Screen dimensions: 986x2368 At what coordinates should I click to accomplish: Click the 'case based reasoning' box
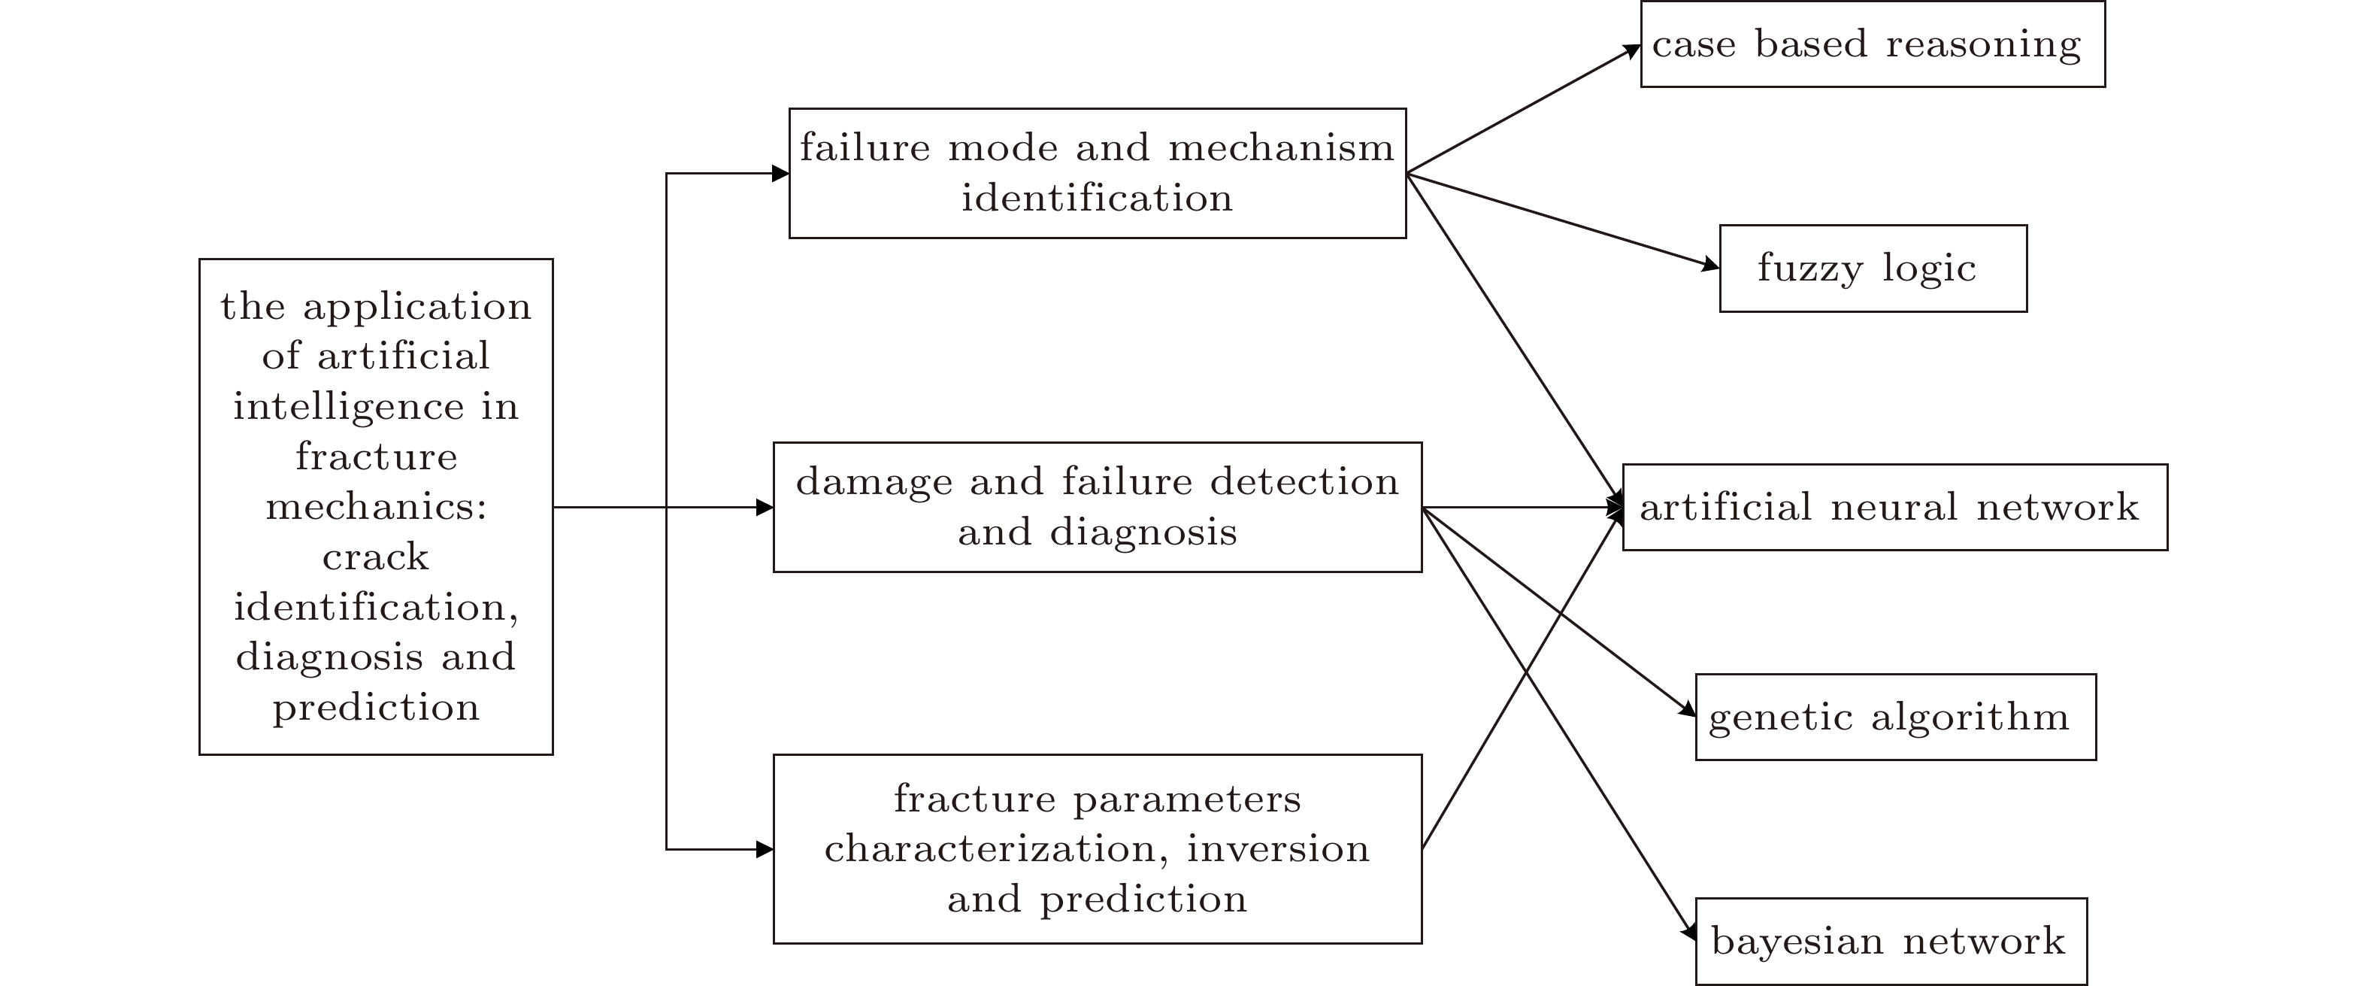click(1872, 44)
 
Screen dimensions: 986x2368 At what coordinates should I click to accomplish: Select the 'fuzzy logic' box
click(1873, 268)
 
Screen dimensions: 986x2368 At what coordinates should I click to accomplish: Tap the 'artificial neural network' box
click(1894, 508)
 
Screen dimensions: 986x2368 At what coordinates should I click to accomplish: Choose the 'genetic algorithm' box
click(1895, 718)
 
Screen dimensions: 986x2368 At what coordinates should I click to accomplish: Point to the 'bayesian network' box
click(1890, 941)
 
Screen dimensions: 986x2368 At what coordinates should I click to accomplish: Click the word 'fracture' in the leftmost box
click(376, 457)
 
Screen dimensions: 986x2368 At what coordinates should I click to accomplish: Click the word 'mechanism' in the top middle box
click(1282, 148)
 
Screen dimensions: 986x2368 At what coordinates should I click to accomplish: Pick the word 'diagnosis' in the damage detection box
click(1143, 532)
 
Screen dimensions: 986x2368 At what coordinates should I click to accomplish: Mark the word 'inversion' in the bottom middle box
click(1278, 849)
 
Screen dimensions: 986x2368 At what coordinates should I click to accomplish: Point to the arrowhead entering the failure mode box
click(780, 173)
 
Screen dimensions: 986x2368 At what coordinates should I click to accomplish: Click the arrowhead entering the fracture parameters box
click(765, 850)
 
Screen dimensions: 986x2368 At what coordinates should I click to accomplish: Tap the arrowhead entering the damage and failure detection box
click(765, 508)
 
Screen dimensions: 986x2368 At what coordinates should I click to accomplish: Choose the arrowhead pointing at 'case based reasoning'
click(1633, 50)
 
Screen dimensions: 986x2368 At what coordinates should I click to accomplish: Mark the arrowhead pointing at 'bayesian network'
click(1690, 933)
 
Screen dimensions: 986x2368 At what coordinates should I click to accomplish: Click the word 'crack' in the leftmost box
click(376, 557)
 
